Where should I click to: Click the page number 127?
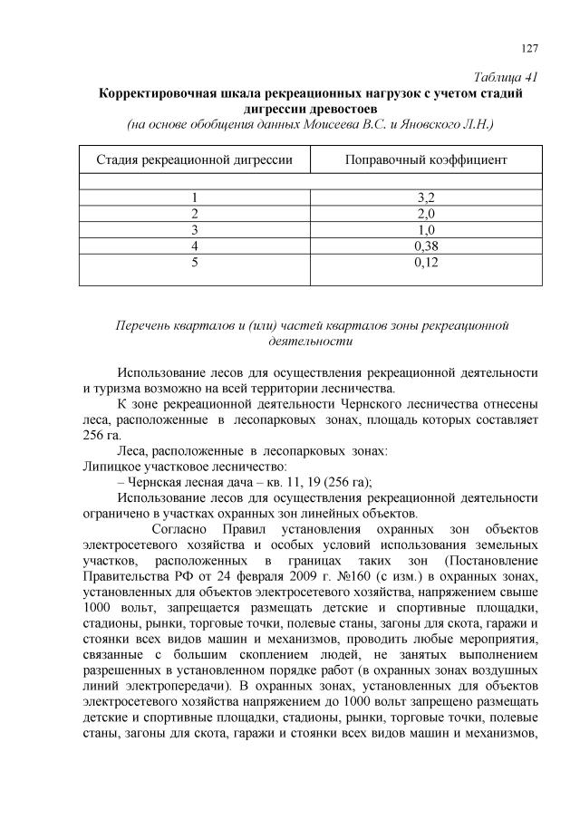pos(531,48)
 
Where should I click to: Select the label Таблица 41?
pos(507,76)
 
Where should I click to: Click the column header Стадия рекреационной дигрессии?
pos(195,159)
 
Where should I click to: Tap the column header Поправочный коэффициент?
pos(426,159)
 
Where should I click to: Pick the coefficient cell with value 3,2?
pos(426,197)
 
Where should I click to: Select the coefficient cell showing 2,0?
pos(426,213)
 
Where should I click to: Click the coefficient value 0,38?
pos(426,246)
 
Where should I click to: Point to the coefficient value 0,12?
pos(426,263)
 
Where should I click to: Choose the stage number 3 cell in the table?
pos(194,229)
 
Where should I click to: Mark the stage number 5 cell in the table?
pos(194,263)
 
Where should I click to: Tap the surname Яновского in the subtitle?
pos(430,123)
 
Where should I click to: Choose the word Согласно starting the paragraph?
pos(180,527)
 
